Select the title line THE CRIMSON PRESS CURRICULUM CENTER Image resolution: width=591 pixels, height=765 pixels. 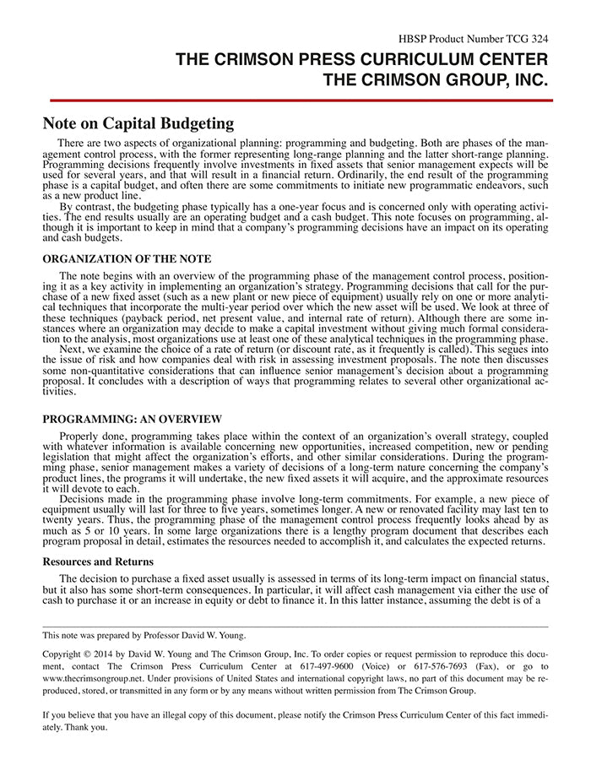coord(361,60)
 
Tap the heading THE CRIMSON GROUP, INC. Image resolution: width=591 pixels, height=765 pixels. coord(436,81)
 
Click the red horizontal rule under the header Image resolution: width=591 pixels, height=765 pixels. coord(295,100)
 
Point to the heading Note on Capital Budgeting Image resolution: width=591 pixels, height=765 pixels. coord(138,123)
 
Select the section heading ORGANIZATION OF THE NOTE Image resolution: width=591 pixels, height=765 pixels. coord(127,258)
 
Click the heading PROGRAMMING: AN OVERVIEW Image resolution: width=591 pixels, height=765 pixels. coord(133,419)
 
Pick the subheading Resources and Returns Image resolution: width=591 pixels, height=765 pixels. coord(98,561)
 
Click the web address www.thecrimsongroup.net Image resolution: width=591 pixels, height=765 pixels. coord(95,678)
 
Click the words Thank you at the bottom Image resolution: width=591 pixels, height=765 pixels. coord(87,726)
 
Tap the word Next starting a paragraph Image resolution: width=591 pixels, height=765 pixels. coord(71,346)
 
